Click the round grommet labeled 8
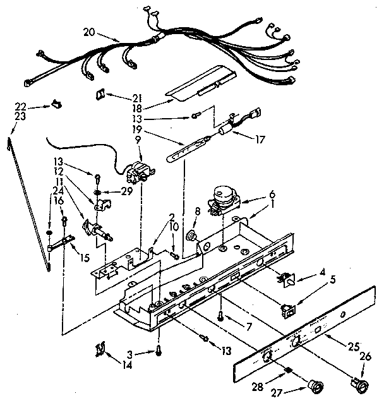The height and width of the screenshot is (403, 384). click(x=189, y=236)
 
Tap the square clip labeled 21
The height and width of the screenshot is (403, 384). click(x=100, y=94)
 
